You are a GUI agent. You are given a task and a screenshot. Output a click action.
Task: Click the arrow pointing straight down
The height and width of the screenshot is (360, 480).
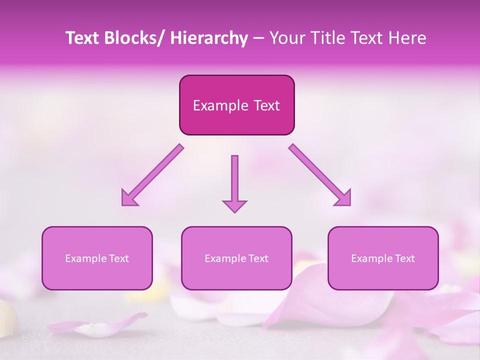click(x=234, y=180)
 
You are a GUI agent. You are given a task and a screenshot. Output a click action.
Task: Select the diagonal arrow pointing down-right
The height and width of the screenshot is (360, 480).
click(x=320, y=175)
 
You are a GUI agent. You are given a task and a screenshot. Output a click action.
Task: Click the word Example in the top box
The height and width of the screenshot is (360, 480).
click(x=220, y=105)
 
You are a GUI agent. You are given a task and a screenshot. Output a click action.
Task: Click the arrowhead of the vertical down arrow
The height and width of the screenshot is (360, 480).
click(x=234, y=206)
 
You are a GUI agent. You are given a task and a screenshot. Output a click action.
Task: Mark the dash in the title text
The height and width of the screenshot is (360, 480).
click(x=258, y=39)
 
